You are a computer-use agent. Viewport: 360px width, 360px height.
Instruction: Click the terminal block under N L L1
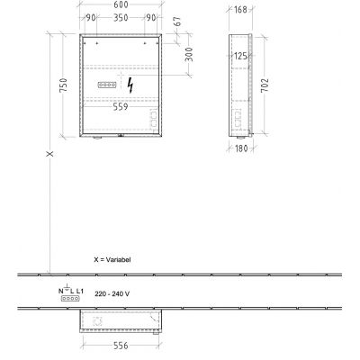click(x=68, y=301)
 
